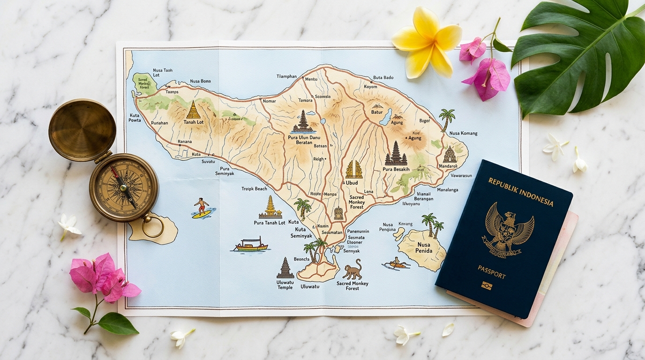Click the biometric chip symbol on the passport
(487, 285)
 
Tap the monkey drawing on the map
(352, 270)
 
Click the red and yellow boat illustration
(251, 245)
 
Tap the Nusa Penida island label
(424, 247)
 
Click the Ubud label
(352, 183)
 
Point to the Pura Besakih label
(396, 169)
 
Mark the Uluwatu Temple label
(285, 285)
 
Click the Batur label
(377, 112)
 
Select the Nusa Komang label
(463, 133)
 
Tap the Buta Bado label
(383, 78)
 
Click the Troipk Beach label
(254, 189)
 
